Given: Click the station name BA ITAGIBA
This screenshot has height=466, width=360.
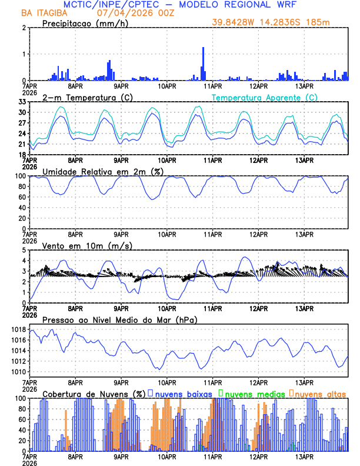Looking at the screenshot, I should (43, 12).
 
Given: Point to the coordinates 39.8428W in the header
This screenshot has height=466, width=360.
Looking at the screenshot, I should (236, 22).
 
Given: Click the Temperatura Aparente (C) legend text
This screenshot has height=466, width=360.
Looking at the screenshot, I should (264, 97).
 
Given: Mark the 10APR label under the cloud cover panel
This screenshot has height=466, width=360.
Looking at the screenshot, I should (166, 456).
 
